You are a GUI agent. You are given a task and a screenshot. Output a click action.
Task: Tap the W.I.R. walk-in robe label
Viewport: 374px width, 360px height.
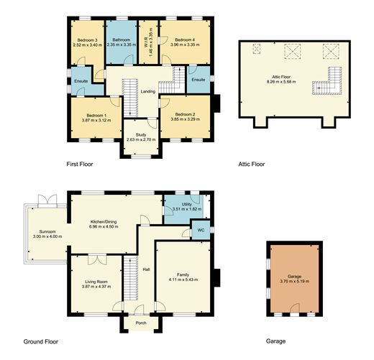pos(146,37)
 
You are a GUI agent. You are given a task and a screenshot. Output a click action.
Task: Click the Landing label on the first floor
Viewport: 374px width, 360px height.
pos(147,91)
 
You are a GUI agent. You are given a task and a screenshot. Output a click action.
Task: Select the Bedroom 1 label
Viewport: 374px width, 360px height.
pos(96,115)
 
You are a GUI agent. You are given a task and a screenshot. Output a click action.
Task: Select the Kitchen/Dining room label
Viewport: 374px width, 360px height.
pos(104,222)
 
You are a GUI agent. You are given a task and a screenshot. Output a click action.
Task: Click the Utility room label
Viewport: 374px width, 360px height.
pos(186,205)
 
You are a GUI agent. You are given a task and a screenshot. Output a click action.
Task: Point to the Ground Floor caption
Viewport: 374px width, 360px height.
pos(40,342)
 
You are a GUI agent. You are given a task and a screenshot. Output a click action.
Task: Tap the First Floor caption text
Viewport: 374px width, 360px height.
pos(80,165)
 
